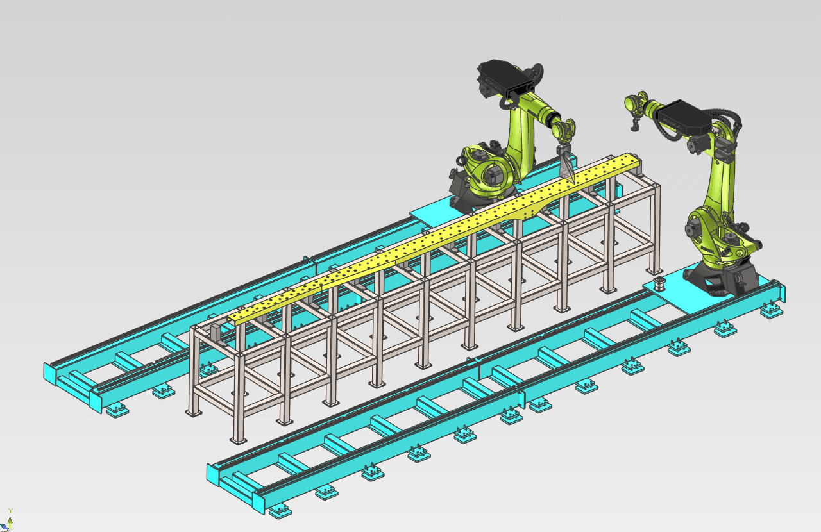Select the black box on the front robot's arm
681,119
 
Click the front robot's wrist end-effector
634,106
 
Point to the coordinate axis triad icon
9,519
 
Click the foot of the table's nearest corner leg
238,440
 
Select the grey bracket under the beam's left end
216,335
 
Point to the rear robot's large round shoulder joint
493,173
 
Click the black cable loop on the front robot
731,122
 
